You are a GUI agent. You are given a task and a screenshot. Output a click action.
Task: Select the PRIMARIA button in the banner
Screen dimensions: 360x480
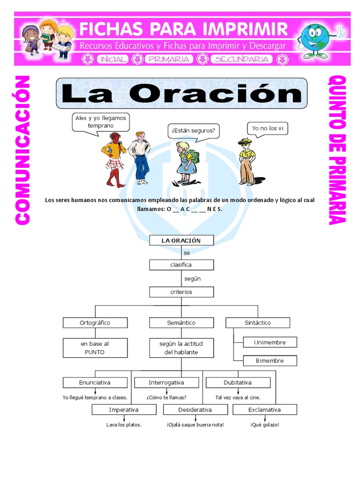168,59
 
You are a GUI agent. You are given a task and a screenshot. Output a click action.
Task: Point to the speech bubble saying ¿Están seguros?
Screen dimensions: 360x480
194,131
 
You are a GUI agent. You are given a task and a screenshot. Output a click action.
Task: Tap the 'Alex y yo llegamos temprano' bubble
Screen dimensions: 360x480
100,122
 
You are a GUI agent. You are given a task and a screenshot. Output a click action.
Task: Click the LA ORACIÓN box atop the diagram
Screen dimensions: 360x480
181,240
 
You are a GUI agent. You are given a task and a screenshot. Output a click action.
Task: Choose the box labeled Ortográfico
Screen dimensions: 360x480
96,322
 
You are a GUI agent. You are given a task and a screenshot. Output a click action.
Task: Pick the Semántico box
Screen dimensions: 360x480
181,322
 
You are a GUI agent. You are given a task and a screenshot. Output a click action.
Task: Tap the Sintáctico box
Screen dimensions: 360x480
258,322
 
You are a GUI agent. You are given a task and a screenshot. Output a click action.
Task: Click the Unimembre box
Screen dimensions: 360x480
270,342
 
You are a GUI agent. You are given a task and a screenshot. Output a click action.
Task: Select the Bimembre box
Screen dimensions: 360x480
270,360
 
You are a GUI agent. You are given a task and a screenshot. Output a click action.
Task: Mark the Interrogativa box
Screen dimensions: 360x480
166,382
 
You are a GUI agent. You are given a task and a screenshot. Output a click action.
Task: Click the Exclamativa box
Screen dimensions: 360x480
265,410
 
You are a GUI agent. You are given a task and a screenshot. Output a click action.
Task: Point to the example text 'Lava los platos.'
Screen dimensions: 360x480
124,425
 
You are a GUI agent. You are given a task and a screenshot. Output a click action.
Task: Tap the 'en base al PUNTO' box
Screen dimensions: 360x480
96,348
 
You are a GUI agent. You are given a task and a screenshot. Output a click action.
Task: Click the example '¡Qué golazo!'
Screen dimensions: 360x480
265,425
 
